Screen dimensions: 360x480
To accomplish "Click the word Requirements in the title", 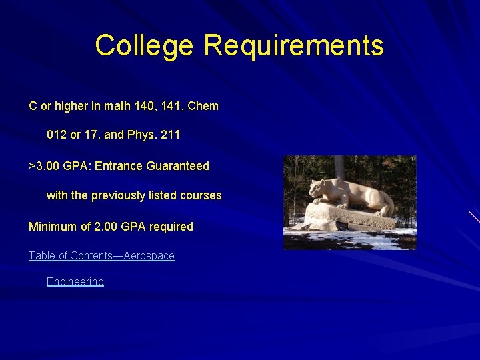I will pyautogui.click(x=294, y=46).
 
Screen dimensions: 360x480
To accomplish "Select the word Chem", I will pyautogui.click(x=203, y=106).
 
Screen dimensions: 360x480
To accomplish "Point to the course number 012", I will pyautogui.click(x=57, y=135).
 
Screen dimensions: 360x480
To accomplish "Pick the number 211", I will pyautogui.click(x=171, y=135).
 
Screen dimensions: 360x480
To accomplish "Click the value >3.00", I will pyautogui.click(x=44, y=166).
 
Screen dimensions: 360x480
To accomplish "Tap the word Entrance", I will pyautogui.click(x=117, y=166).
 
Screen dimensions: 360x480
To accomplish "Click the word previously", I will pyautogui.click(x=118, y=196).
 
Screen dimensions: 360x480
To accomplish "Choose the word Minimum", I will pyautogui.click(x=51, y=227).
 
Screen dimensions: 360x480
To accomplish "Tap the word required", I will pyautogui.click(x=171, y=227).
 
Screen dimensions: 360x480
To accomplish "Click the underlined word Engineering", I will pyautogui.click(x=75, y=282).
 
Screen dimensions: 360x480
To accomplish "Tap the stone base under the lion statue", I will pyautogui.click(x=347, y=217).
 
